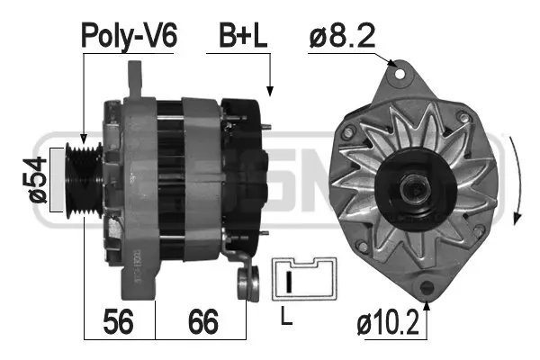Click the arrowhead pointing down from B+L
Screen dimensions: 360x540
point(270,89)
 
